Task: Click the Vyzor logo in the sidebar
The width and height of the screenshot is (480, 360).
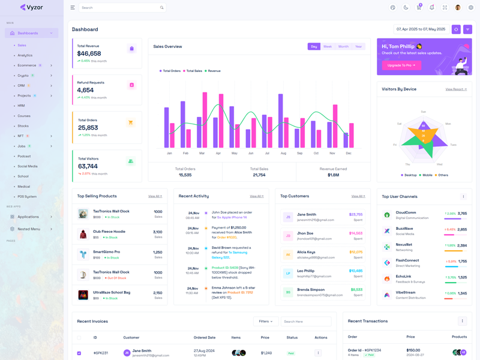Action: pyautogui.click(x=31, y=7)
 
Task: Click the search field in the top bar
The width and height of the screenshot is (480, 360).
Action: pyautogui.click(x=120, y=8)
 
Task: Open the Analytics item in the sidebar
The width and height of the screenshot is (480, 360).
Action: pyautogui.click(x=25, y=55)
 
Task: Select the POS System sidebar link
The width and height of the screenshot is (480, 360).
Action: pyautogui.click(x=27, y=196)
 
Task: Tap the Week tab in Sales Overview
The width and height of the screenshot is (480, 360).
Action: pyautogui.click(x=327, y=46)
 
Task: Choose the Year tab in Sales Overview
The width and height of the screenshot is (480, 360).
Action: pyautogui.click(x=358, y=46)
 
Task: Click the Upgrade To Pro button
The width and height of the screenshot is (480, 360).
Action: pyautogui.click(x=401, y=65)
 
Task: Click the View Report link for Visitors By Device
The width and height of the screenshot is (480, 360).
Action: pyautogui.click(x=456, y=89)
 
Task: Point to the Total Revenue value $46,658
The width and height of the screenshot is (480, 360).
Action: pyautogui.click(x=89, y=53)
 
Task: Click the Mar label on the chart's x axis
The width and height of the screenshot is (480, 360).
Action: pyautogui.click(x=202, y=153)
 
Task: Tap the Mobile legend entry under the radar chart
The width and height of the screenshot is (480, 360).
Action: pyautogui.click(x=427, y=175)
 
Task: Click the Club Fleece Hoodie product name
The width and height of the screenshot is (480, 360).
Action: pyautogui.click(x=109, y=231)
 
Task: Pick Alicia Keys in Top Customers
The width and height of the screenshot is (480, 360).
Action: pyautogui.click(x=306, y=252)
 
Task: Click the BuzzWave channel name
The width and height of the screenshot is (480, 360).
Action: pyautogui.click(x=404, y=228)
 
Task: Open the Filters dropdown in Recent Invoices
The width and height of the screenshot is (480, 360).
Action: pyautogui.click(x=266, y=322)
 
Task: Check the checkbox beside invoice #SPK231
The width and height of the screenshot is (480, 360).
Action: pyautogui.click(x=79, y=353)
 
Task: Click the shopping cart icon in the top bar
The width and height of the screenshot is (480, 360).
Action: pyautogui.click(x=419, y=8)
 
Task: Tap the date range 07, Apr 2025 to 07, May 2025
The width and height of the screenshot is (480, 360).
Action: pyautogui.click(x=421, y=29)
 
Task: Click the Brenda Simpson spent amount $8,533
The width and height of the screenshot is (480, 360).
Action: pyautogui.click(x=356, y=289)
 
